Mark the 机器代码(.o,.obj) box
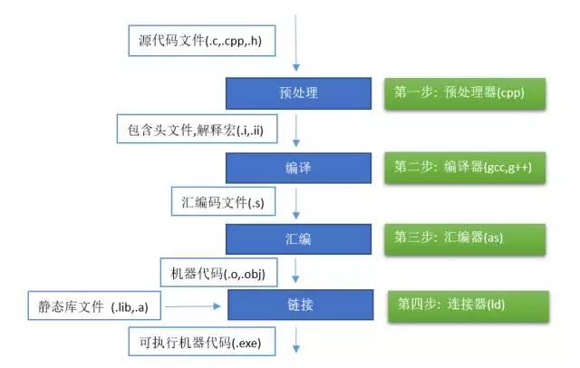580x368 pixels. click(217, 271)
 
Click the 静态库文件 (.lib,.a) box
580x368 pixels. click(93, 307)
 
